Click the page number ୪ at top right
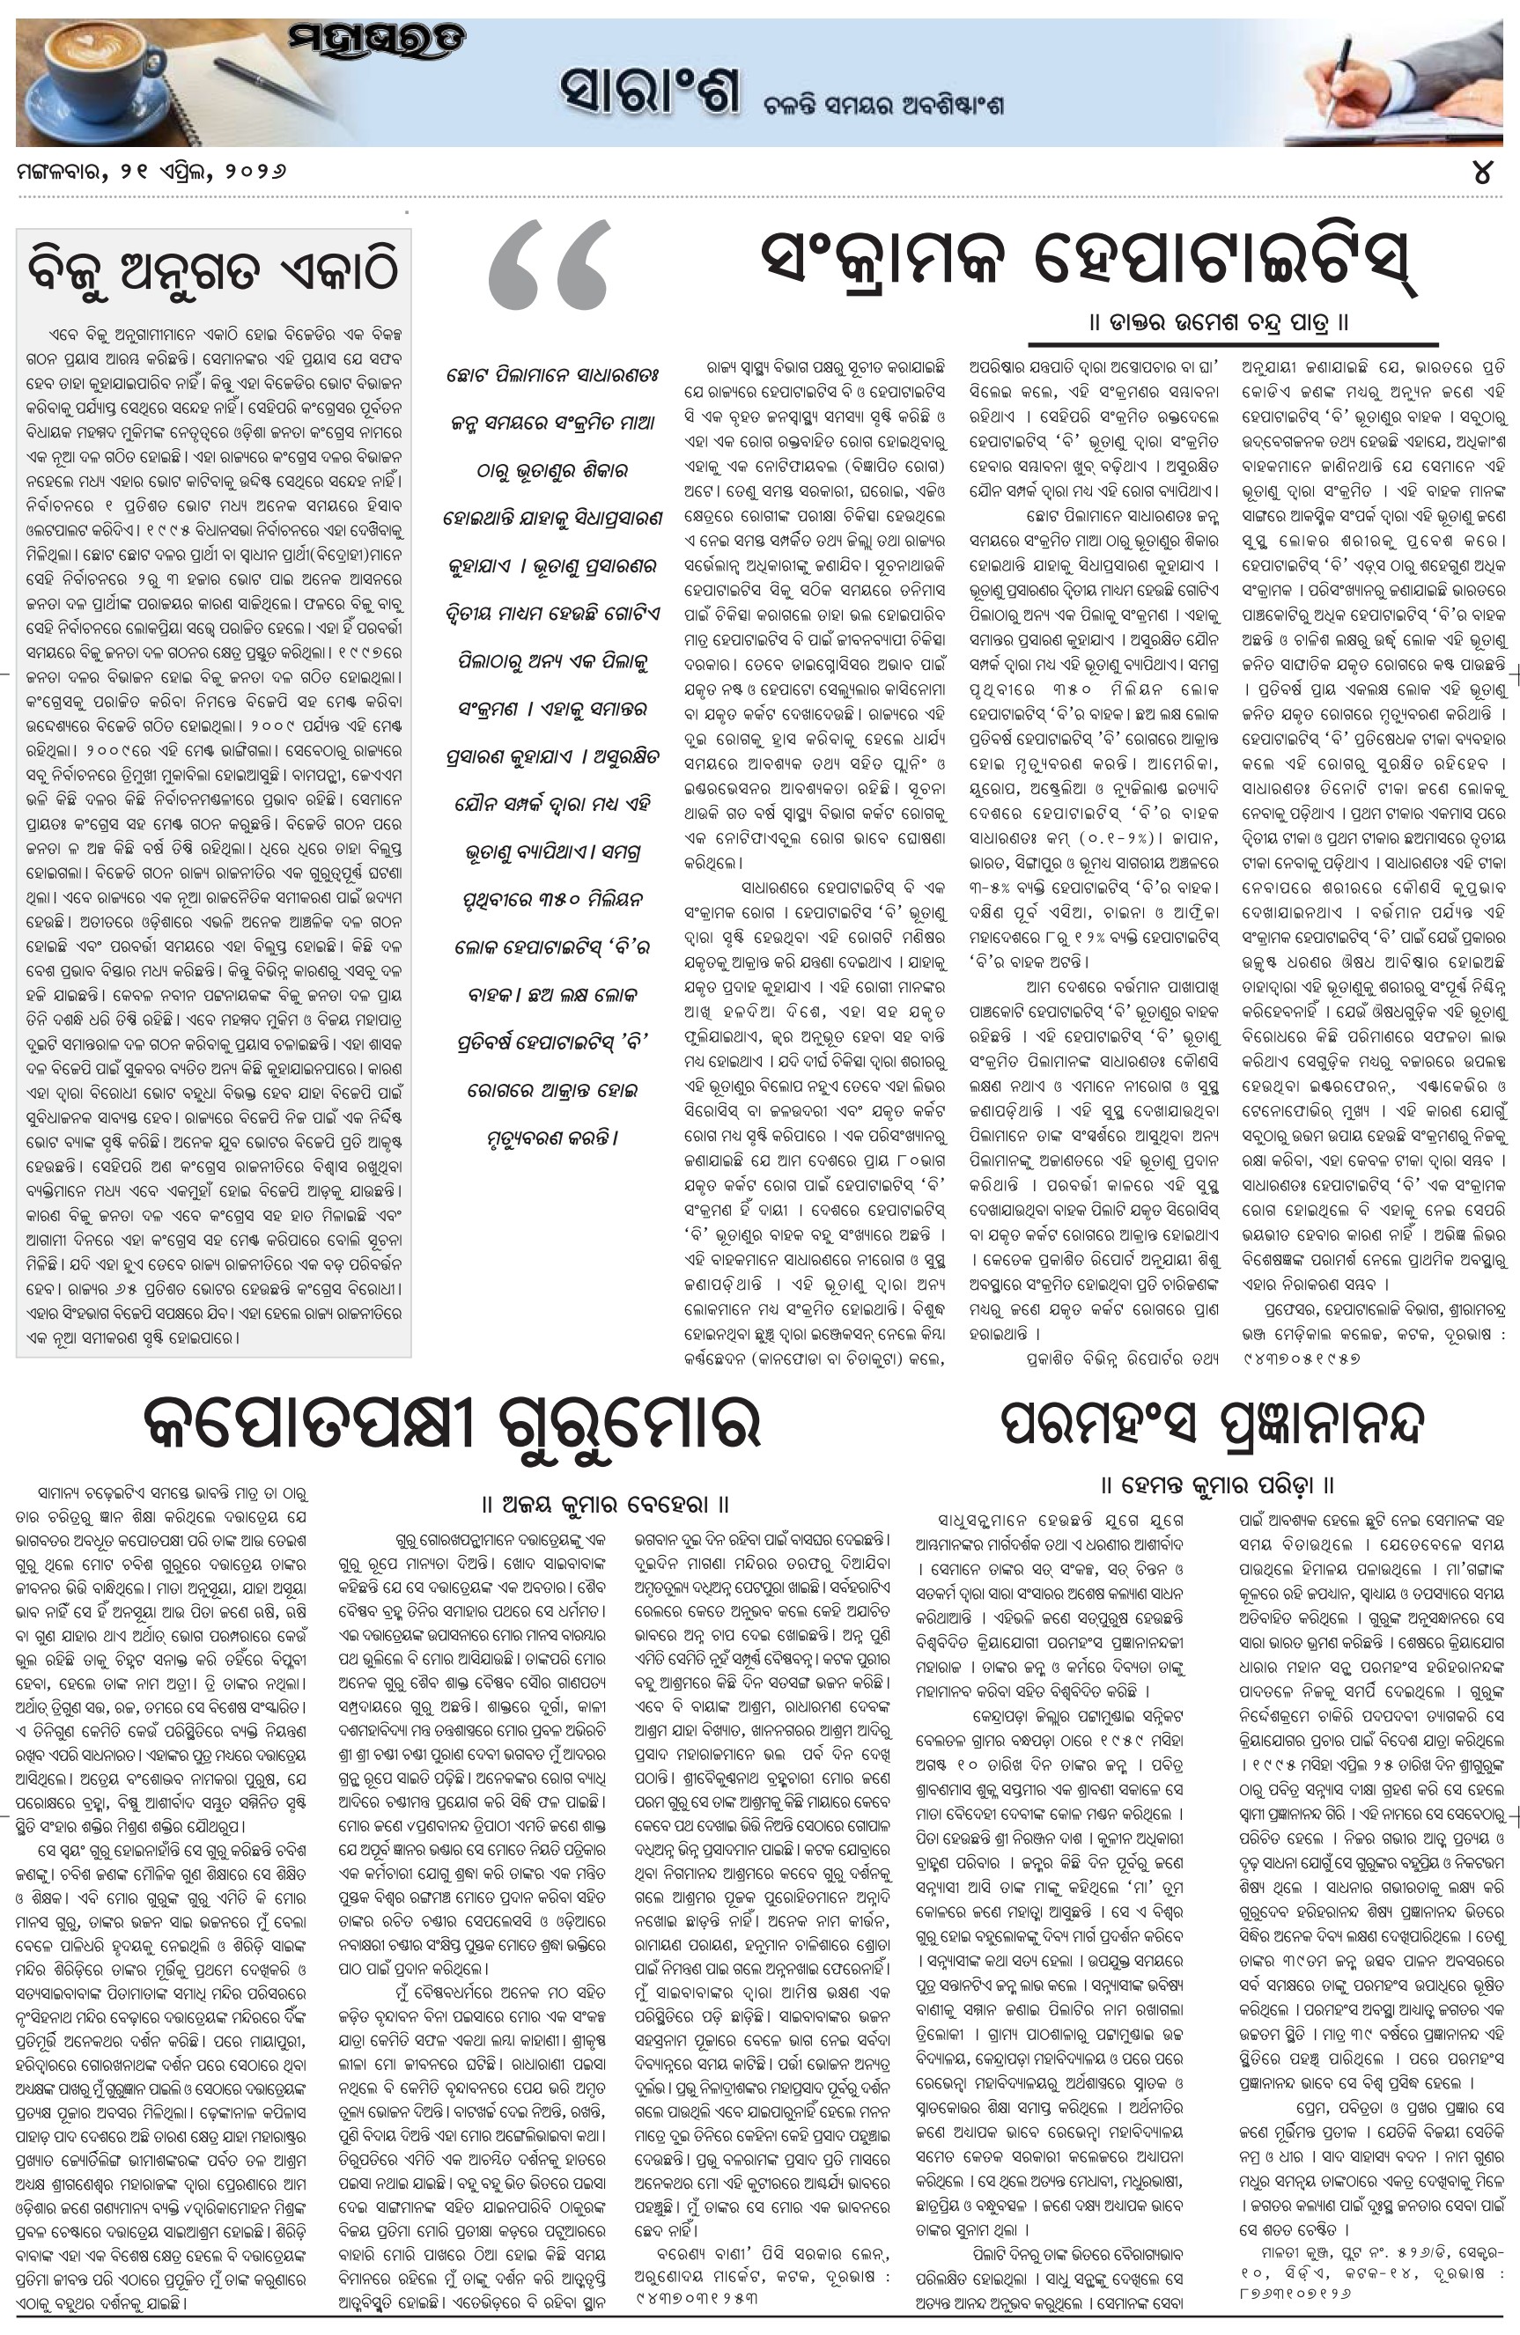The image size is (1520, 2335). [x=1482, y=173]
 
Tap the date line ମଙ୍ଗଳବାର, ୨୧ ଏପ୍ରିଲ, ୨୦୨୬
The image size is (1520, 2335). [x=152, y=171]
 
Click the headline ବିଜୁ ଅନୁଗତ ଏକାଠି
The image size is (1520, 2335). [x=214, y=266]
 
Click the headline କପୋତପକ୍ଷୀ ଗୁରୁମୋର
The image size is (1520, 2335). [x=453, y=1425]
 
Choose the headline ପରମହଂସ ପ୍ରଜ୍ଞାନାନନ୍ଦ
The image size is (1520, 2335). [x=1212, y=1425]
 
